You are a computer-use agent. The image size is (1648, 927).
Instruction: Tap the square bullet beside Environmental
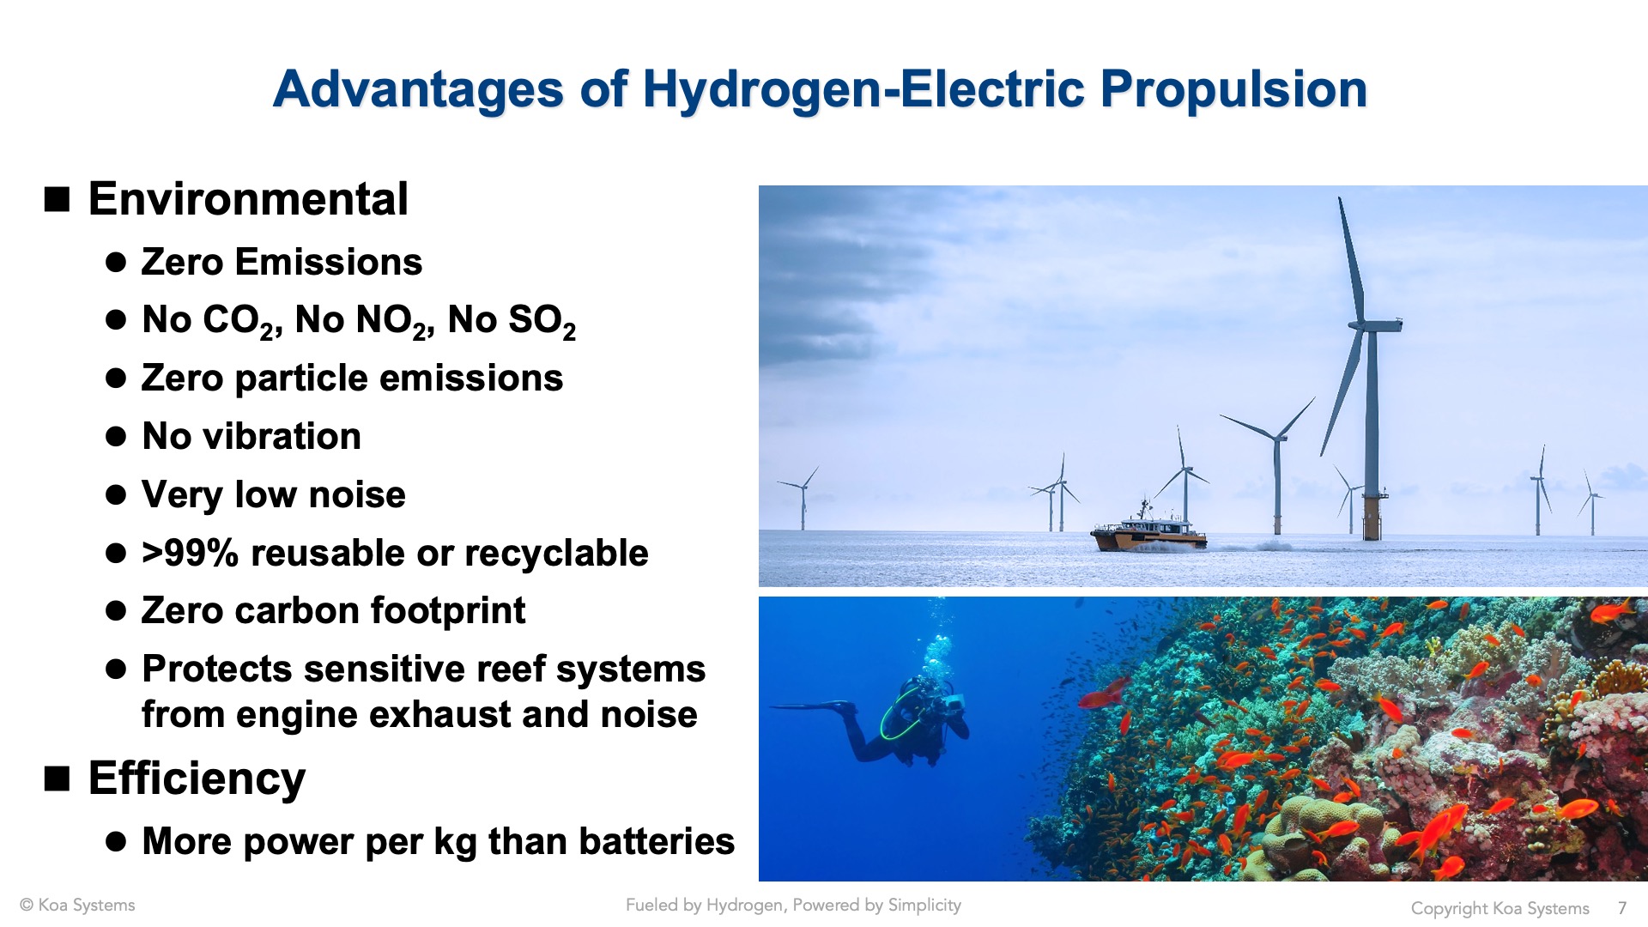tap(57, 199)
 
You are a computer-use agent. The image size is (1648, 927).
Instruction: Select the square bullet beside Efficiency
tap(57, 779)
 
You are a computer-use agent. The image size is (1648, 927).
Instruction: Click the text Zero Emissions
tap(282, 262)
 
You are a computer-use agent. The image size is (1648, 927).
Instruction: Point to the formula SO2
tap(542, 321)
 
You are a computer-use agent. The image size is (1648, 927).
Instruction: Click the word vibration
tap(282, 436)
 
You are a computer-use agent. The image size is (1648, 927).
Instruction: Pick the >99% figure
tap(190, 553)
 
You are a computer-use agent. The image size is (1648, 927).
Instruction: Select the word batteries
tap(655, 841)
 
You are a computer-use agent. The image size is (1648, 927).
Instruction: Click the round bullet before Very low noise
tap(116, 495)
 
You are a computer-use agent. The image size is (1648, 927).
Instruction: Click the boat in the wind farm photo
tap(1148, 529)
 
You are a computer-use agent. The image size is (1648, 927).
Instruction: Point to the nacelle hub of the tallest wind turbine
tap(1374, 325)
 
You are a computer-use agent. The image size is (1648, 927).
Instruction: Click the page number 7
tap(1622, 908)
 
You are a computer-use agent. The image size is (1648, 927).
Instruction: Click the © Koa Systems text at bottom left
tap(77, 906)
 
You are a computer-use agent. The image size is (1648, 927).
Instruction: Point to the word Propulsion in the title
tap(1233, 89)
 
